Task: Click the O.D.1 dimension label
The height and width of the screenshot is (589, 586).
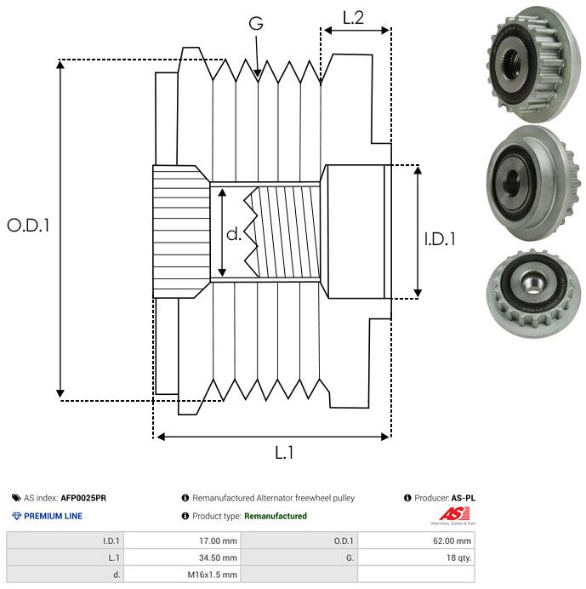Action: tap(28, 226)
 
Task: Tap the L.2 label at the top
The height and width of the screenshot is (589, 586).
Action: tap(353, 17)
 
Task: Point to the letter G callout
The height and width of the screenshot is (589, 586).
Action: tap(256, 24)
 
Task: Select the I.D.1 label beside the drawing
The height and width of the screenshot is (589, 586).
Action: tap(440, 239)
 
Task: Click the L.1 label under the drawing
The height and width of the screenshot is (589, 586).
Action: tap(284, 453)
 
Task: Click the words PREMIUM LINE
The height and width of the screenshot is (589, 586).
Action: tap(54, 516)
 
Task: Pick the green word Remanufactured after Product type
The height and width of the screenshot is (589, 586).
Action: tap(276, 516)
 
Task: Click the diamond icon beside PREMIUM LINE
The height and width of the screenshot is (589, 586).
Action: tap(16, 516)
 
